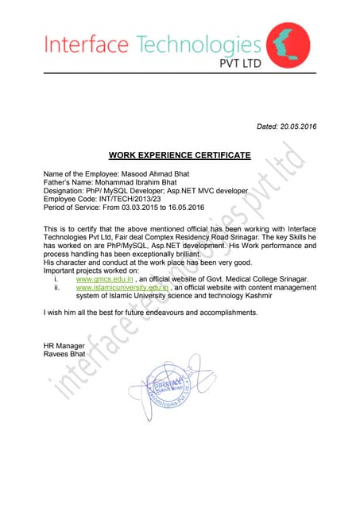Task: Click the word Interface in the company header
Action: tap(87, 46)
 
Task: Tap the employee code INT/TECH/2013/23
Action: tap(130, 199)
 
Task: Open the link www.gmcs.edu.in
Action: tap(104, 280)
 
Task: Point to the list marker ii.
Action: tap(56, 289)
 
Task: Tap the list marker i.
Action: tap(55, 280)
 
